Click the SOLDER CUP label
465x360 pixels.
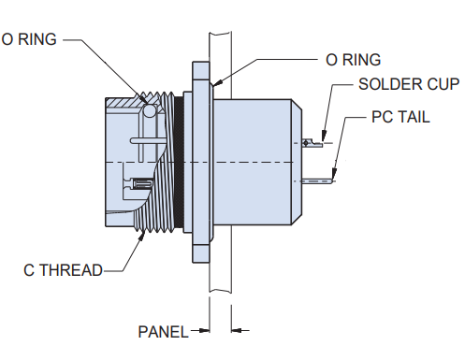(x=409, y=84)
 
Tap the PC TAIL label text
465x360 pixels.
(x=400, y=117)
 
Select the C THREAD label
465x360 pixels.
(x=63, y=270)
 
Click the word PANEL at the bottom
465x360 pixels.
(x=163, y=332)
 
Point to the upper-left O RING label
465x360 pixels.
(x=29, y=39)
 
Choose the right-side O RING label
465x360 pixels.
(x=353, y=60)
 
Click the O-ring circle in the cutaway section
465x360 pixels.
(x=150, y=110)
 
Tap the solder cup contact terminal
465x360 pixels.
(x=312, y=143)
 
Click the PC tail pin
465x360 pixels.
(x=318, y=180)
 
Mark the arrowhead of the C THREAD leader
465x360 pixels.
(x=141, y=237)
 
